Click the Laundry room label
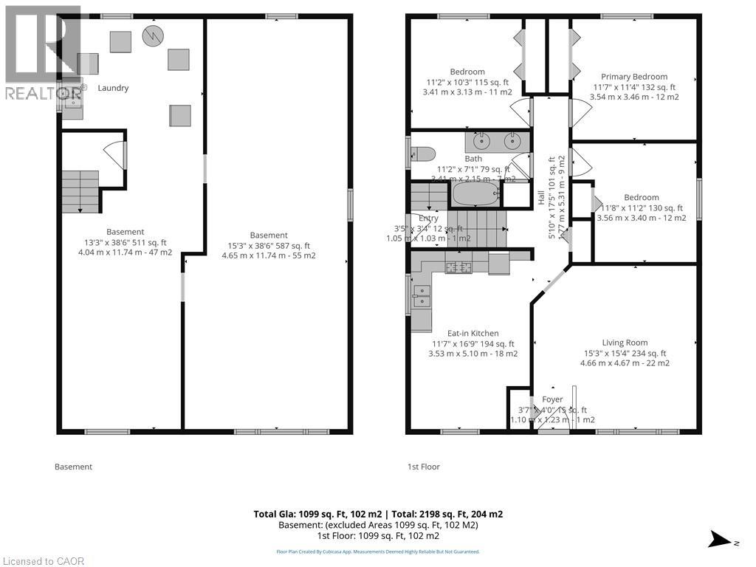coord(114,88)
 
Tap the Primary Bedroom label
coord(633,77)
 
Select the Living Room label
coord(625,343)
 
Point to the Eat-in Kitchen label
coord(472,334)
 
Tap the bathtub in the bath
coord(475,195)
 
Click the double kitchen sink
coord(422,295)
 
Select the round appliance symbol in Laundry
coord(153,35)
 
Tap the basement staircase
coord(80,190)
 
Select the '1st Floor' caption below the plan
coord(424,467)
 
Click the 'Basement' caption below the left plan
coord(74,467)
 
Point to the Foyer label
coord(552,399)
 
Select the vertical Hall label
coord(541,198)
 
